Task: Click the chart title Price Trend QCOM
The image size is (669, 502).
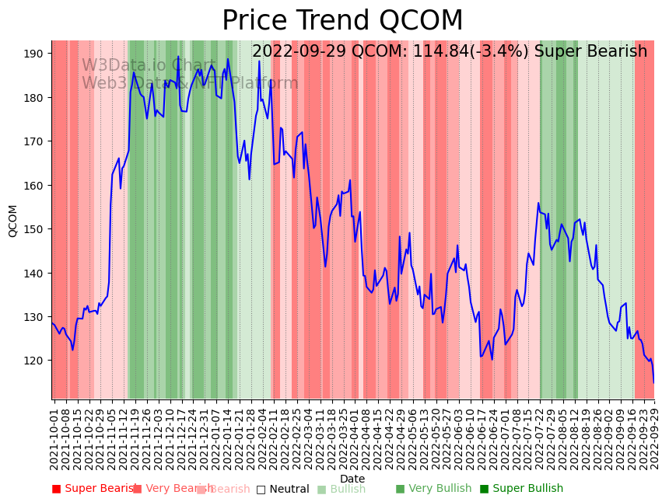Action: point(342,21)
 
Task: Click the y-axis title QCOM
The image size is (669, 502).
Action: point(13,221)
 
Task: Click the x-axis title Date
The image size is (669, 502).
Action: point(352,479)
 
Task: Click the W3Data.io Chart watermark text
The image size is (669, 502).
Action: point(149,66)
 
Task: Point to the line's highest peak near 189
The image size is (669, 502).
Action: point(178,57)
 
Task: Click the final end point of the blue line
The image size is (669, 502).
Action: point(653,382)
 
